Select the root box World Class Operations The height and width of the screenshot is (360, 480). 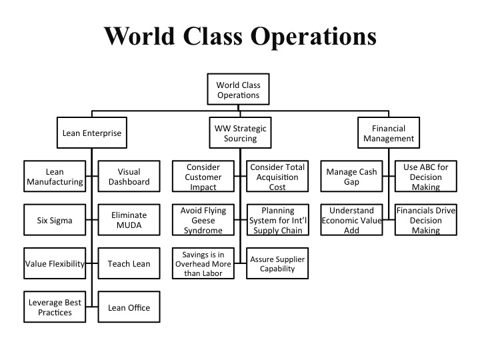pyautogui.click(x=238, y=90)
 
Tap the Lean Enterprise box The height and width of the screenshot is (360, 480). pyautogui.click(x=92, y=133)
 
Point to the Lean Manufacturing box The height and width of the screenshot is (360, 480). pyautogui.click(x=55, y=177)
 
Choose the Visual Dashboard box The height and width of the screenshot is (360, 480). pyautogui.click(x=129, y=177)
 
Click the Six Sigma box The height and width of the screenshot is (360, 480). pyautogui.click(x=55, y=220)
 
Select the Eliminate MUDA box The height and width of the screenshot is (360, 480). pyautogui.click(x=129, y=220)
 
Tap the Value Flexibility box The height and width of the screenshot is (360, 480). pyautogui.click(x=55, y=263)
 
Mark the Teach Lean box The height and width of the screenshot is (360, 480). pyautogui.click(x=129, y=263)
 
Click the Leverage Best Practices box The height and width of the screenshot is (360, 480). pyautogui.click(x=55, y=307)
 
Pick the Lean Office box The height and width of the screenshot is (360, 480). pyautogui.click(x=129, y=307)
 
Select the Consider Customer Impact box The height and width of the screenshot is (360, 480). pyautogui.click(x=203, y=177)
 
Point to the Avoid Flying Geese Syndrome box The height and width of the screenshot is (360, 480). pyautogui.click(x=203, y=220)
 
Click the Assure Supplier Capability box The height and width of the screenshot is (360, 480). pyautogui.click(x=277, y=264)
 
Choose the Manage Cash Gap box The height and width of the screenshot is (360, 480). pyautogui.click(x=351, y=177)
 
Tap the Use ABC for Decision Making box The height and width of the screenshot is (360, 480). pyautogui.click(x=426, y=177)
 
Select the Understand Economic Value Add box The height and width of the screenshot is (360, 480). pyautogui.click(x=351, y=220)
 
